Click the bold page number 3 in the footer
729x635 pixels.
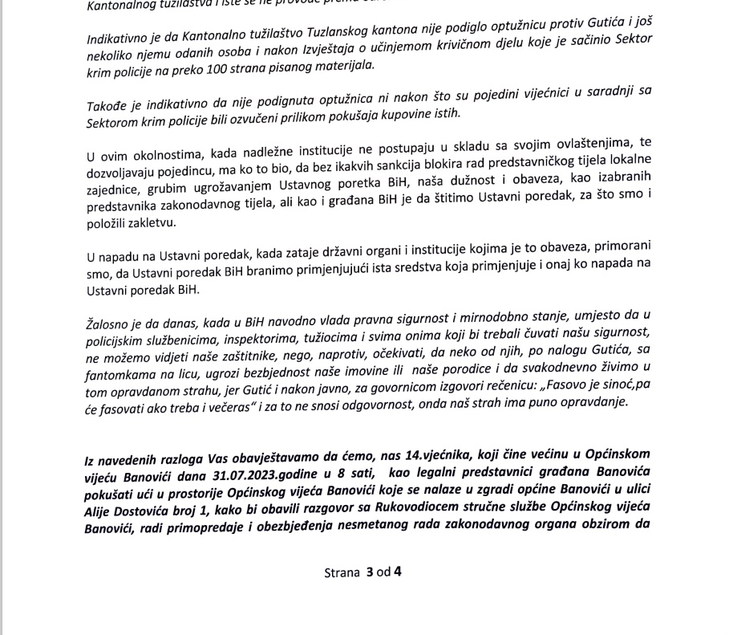coord(370,572)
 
